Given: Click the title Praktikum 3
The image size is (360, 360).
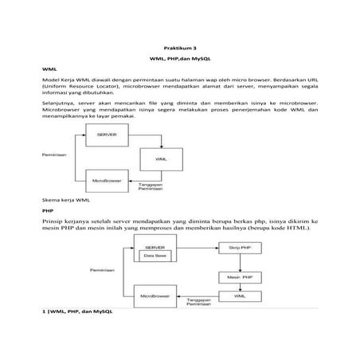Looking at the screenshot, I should click(x=179, y=49).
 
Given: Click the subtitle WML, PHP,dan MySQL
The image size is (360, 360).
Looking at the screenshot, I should click(x=179, y=61).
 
